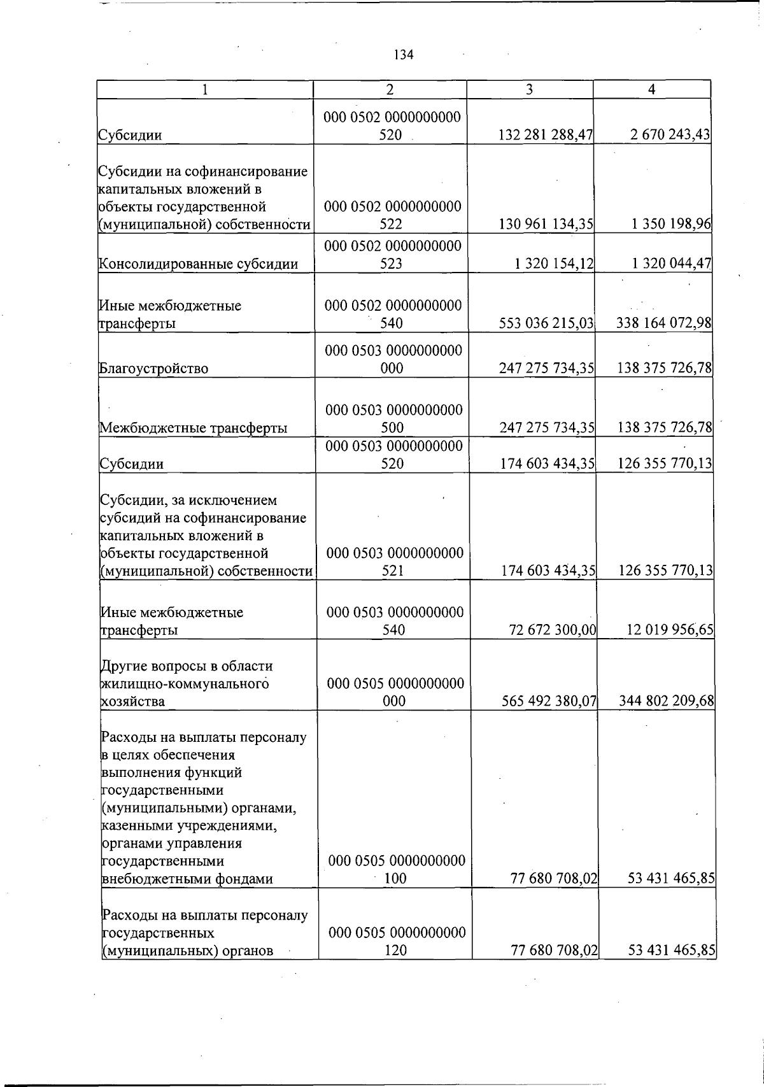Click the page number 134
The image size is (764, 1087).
404,55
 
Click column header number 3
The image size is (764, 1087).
529,90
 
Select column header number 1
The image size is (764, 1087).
204,90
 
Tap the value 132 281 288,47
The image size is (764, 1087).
546,135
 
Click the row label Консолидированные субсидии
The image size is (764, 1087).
199,264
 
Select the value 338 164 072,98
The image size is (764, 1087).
664,323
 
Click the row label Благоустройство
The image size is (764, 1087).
154,368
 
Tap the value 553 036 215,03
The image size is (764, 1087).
546,323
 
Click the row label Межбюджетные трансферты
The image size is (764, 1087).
194,428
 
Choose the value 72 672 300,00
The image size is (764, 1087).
553,630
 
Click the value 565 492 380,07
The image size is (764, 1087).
548,701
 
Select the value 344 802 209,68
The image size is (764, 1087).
667,701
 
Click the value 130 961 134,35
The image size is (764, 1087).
546,224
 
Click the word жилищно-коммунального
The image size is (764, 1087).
185,684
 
